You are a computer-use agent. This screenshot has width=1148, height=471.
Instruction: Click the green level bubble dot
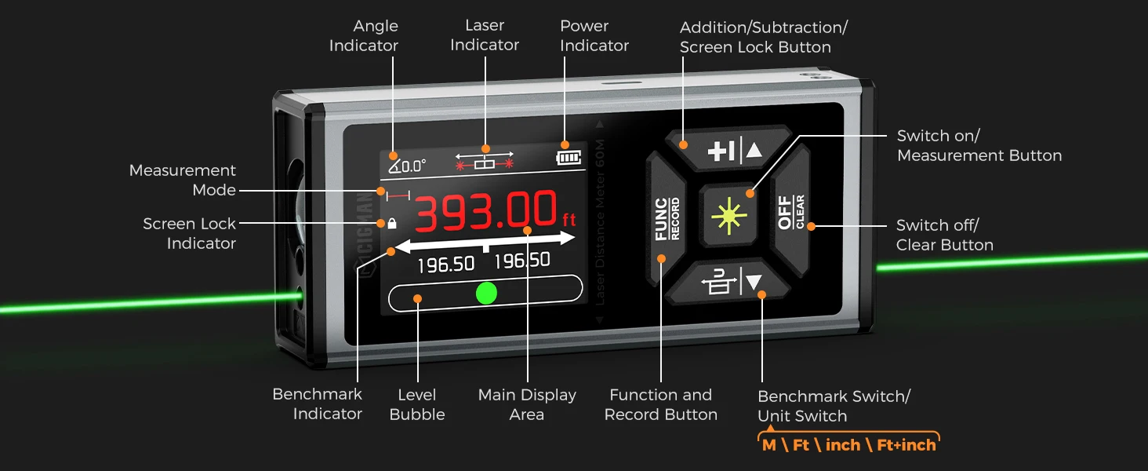tap(486, 293)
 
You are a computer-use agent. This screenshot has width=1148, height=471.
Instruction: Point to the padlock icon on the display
tap(392, 223)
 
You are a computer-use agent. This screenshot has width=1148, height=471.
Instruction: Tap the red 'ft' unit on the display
tap(569, 219)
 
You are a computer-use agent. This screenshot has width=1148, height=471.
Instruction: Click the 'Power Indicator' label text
tap(594, 36)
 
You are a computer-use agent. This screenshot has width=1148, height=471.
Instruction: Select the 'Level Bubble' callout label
tap(417, 404)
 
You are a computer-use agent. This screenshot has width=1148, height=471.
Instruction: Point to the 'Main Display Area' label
tap(527, 404)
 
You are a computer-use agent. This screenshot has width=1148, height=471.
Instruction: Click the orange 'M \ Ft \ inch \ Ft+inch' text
tap(849, 445)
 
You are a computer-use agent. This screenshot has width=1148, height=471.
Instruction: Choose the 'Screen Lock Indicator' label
tap(189, 233)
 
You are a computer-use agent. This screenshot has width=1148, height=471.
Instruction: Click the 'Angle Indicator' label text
tap(364, 36)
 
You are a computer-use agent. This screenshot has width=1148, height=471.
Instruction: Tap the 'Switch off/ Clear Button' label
tap(944, 235)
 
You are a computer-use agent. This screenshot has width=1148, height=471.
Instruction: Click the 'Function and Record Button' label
tap(660, 404)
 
